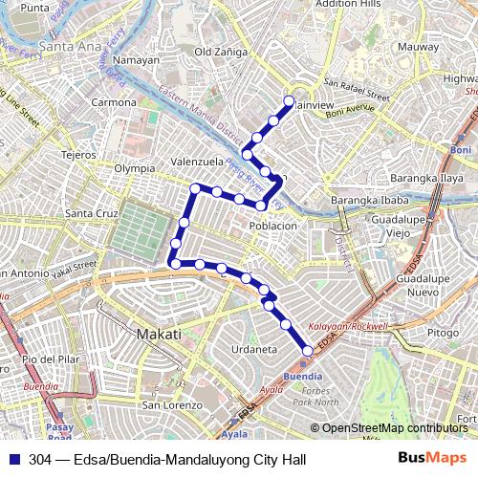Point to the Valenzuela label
point(197,162)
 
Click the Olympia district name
point(134,167)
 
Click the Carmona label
point(114,101)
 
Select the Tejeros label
point(79,153)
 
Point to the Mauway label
point(418,46)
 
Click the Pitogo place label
point(443,333)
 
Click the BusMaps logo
point(426,459)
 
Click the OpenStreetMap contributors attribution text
point(394,427)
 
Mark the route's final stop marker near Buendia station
point(307,351)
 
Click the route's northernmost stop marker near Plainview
point(290,99)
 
